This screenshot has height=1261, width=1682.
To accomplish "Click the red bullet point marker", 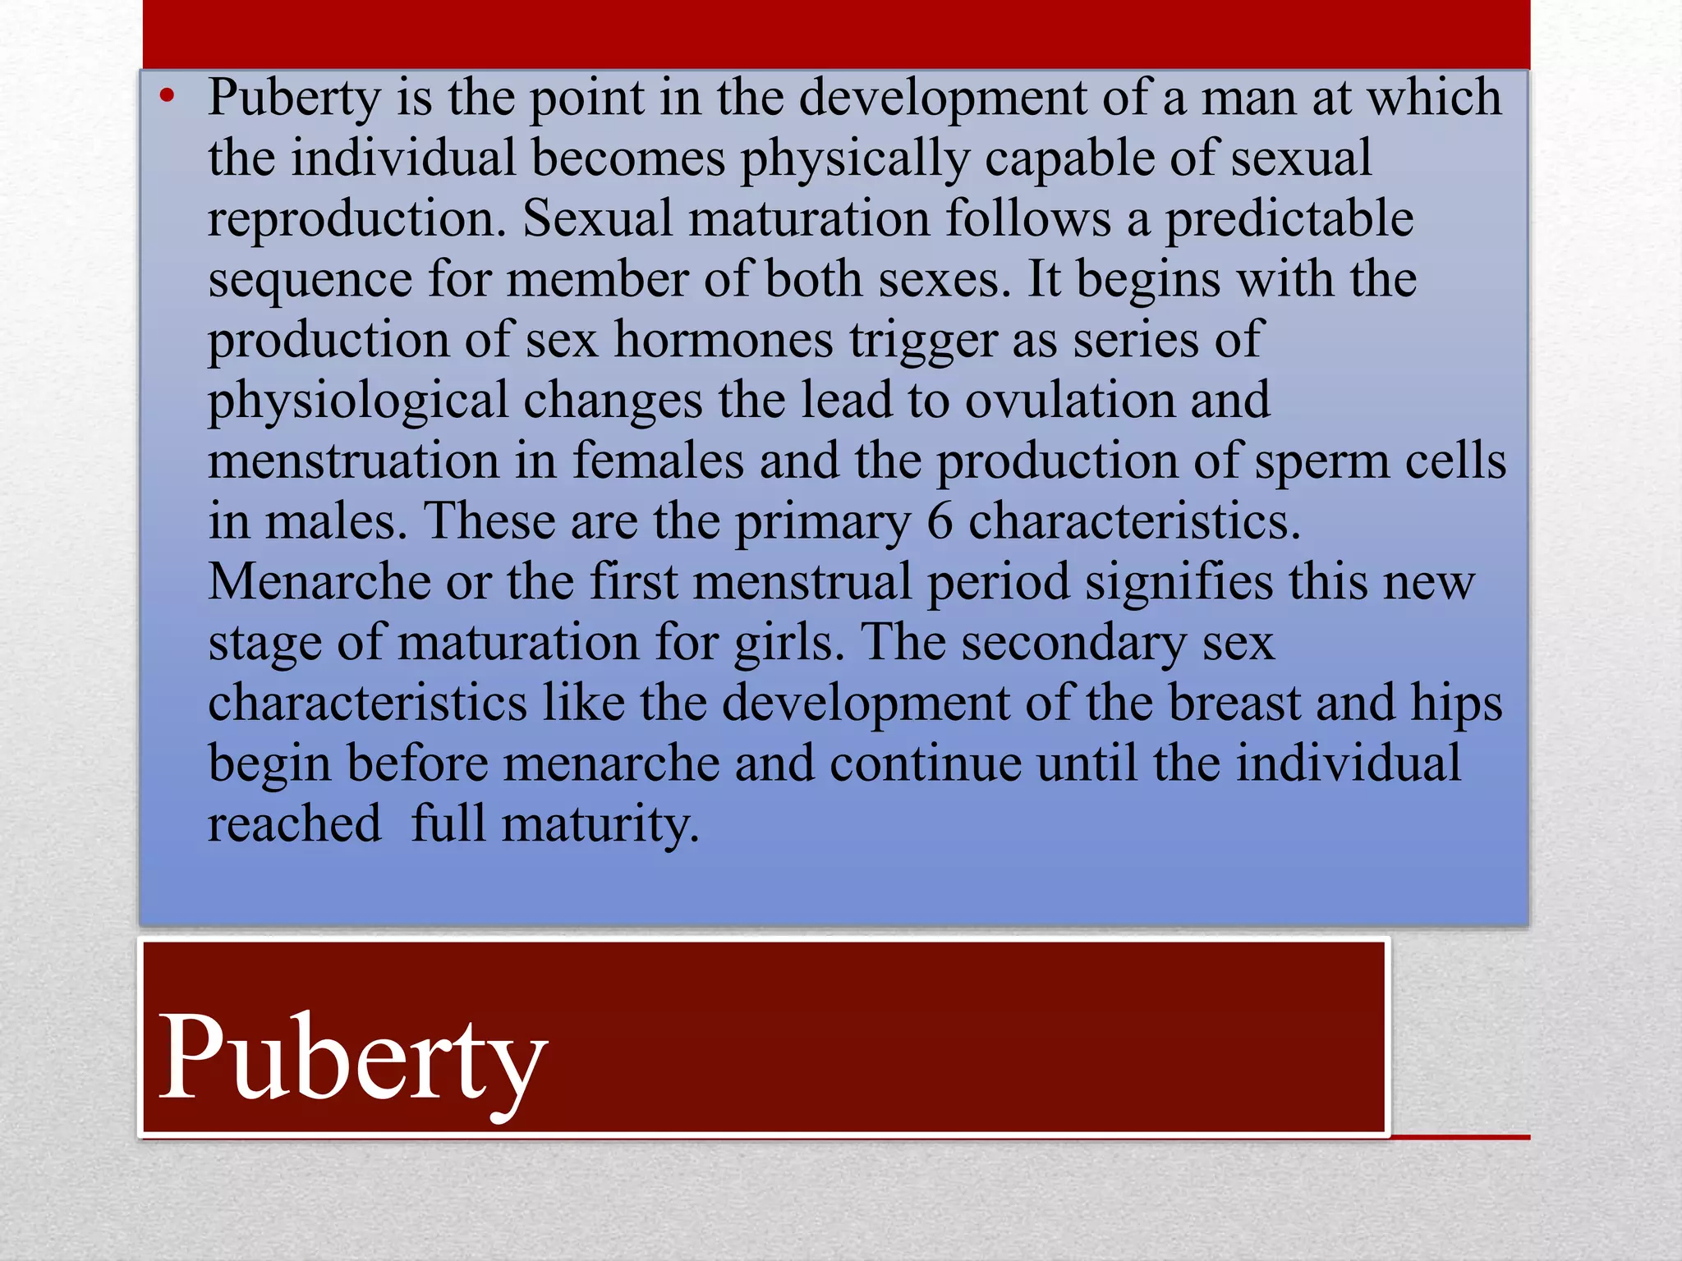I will [x=168, y=97].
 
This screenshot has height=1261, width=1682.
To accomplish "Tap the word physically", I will [x=855, y=159].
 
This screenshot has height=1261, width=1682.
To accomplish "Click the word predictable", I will [x=1289, y=218].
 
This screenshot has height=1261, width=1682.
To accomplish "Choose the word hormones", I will [x=724, y=340].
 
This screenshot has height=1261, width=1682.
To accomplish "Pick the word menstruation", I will [x=353, y=461].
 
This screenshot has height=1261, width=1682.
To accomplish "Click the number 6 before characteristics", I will [x=940, y=522].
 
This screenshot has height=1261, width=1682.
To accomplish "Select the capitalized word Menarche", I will [x=319, y=582].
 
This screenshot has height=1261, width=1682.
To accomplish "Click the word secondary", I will [x=1073, y=644].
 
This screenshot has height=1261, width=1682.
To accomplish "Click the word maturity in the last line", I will [x=600, y=825].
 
